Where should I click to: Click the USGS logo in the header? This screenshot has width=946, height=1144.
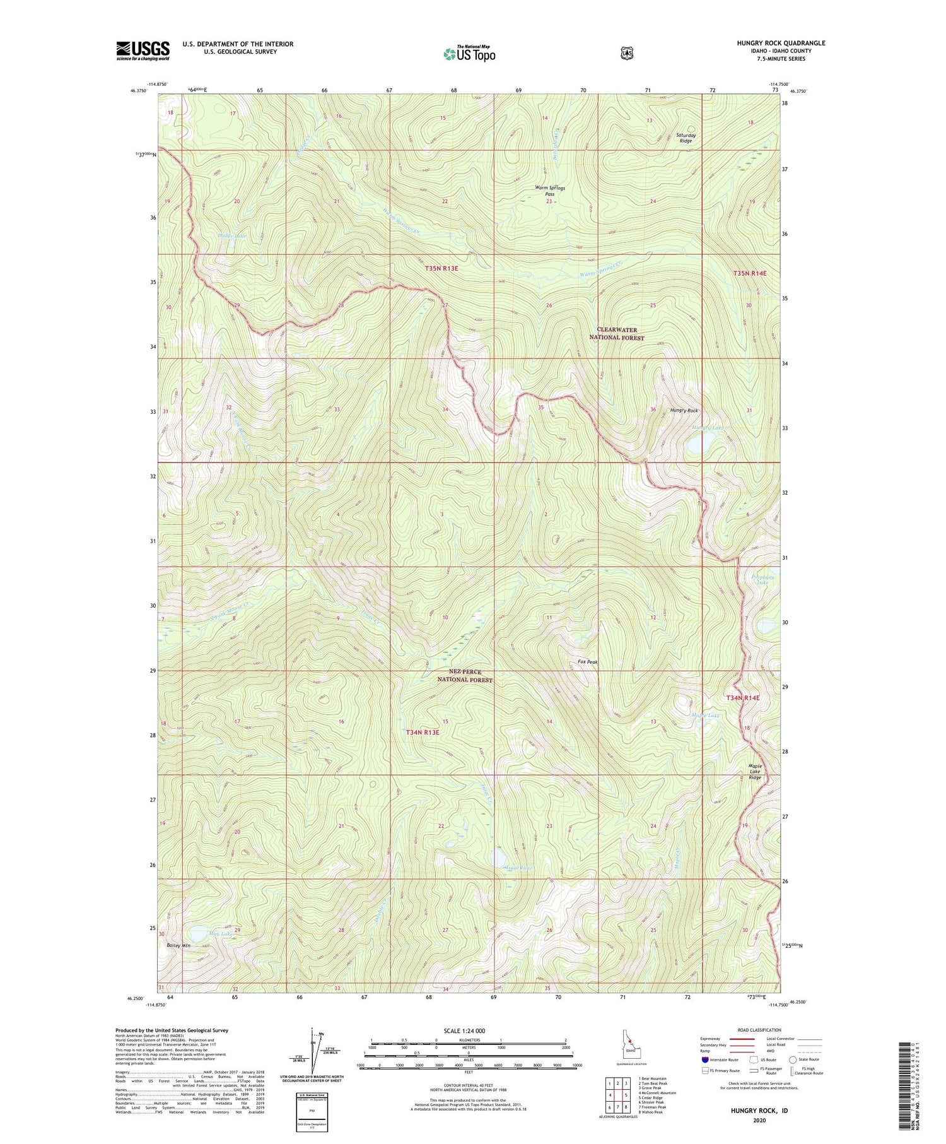[x=143, y=50]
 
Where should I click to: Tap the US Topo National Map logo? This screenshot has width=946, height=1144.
[x=469, y=53]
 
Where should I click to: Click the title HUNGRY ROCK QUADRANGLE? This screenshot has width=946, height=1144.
[x=781, y=43]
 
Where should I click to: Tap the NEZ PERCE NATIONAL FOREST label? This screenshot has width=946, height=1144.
[x=465, y=676]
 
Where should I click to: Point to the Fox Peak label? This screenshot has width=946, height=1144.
[x=587, y=662]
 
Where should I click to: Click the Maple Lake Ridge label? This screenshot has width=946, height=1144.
[x=755, y=772]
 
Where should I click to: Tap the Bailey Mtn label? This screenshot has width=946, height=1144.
[x=178, y=946]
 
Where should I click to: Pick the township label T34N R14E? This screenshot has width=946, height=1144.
[x=742, y=698]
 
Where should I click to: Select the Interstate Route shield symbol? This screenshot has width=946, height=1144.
[x=705, y=1059]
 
